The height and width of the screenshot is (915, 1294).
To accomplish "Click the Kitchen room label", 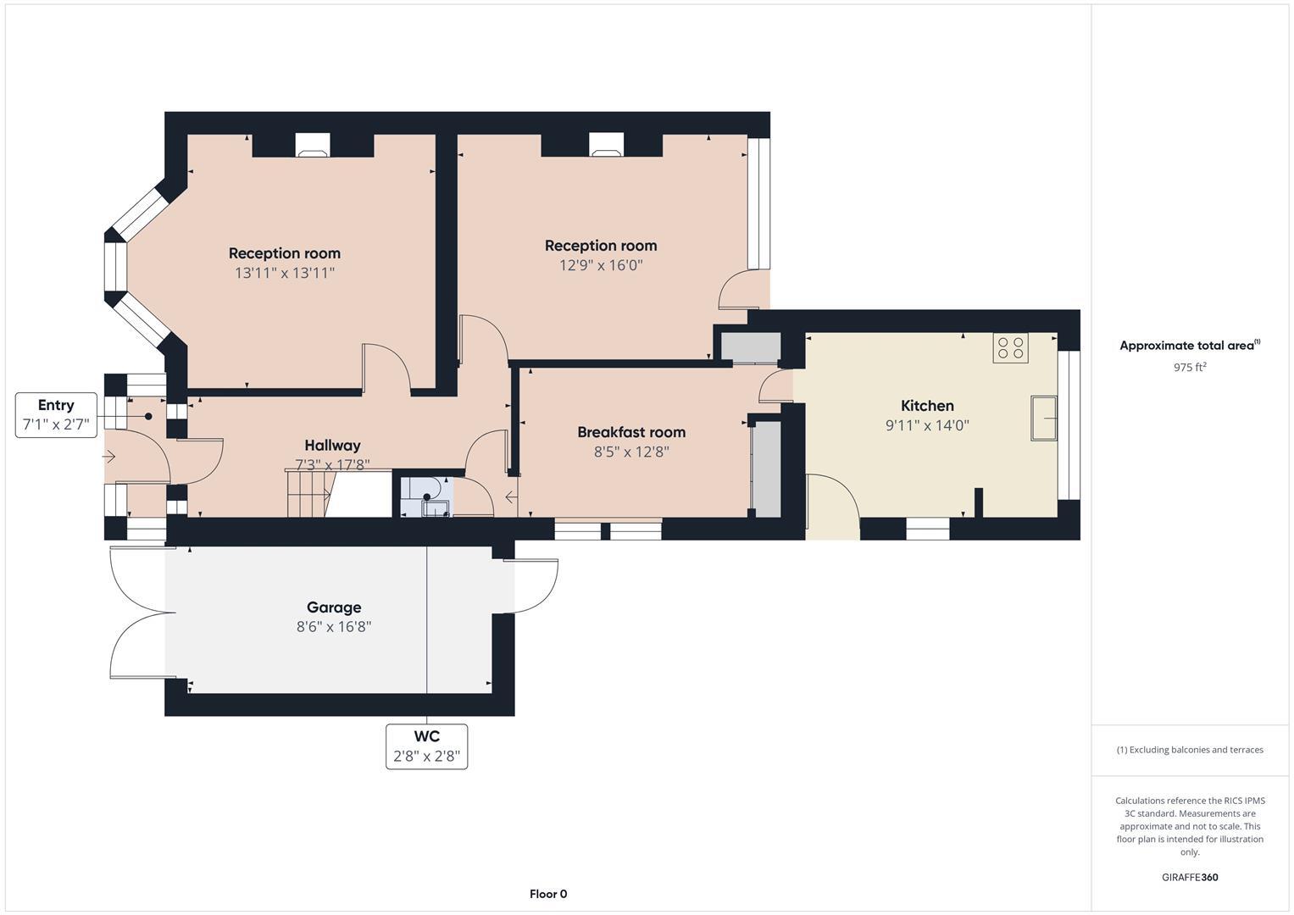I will (926, 406).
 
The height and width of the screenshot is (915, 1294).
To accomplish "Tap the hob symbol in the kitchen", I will (1010, 348).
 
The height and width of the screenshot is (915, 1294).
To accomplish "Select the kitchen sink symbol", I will (1043, 418).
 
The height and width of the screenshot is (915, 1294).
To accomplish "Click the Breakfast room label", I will (631, 432).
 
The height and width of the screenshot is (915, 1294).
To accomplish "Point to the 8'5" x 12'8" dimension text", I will (631, 452).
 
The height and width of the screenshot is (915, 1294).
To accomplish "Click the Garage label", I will (334, 607).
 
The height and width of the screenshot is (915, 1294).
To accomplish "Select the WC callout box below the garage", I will (426, 746).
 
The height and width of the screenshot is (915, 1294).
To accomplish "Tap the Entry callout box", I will (56, 415).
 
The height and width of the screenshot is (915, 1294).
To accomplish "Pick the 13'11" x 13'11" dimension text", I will (285, 273).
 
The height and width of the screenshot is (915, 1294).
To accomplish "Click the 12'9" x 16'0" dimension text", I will (601, 265).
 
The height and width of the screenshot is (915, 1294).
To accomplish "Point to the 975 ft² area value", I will (1189, 368).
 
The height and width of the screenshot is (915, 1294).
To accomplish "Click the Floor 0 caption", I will (548, 894).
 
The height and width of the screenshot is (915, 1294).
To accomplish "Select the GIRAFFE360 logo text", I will (1189, 877).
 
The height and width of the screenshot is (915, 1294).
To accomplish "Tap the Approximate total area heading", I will (1189, 346).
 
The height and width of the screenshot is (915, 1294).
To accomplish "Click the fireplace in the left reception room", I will (313, 146).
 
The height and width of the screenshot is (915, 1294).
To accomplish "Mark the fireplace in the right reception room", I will (606, 146).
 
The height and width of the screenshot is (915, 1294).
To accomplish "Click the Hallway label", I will (332, 446).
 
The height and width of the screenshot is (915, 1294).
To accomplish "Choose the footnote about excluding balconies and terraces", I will (1189, 750).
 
